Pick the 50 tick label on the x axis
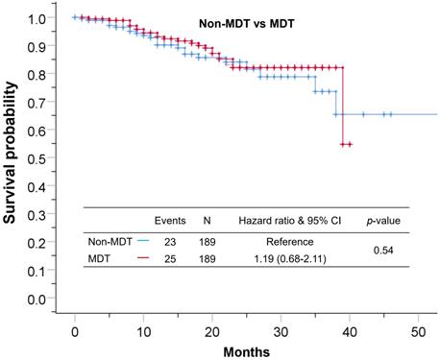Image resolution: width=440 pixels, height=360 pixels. click(x=418, y=330)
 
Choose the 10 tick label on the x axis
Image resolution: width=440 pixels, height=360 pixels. click(x=143, y=330)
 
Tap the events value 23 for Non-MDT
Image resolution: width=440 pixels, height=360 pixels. click(x=169, y=242)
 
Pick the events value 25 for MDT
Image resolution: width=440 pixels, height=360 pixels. click(x=169, y=259)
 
